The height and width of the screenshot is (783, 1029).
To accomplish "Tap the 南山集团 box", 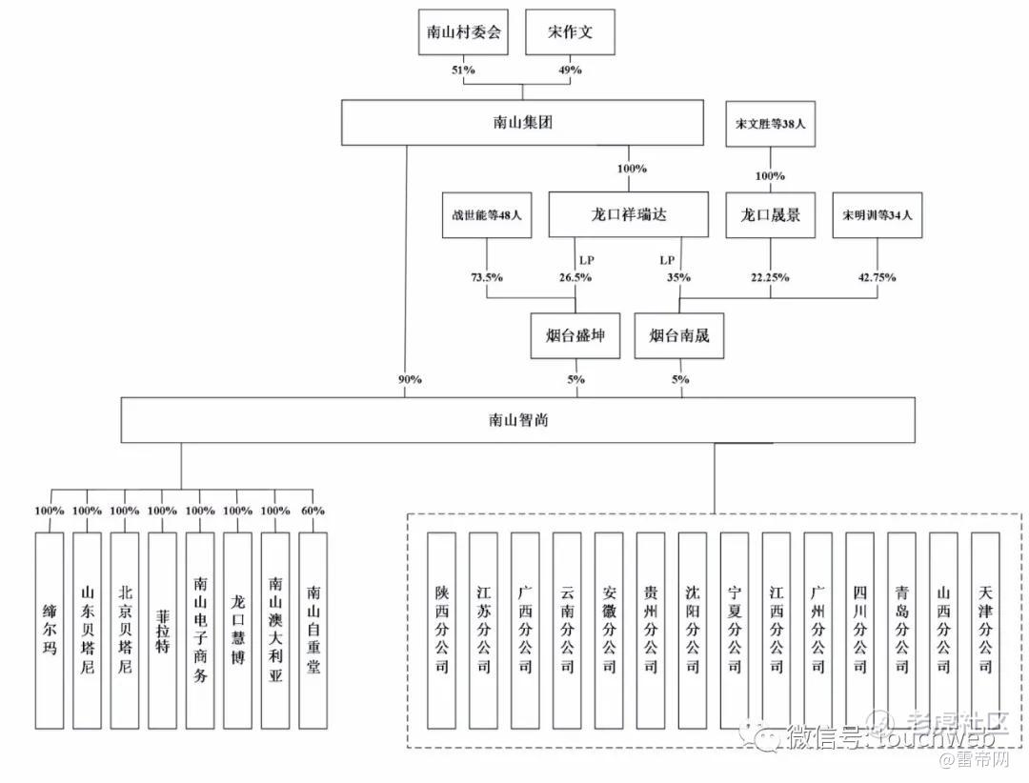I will [516, 123].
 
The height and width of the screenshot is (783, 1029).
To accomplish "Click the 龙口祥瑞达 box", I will [629, 214].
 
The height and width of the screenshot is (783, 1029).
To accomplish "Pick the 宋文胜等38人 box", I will [771, 124].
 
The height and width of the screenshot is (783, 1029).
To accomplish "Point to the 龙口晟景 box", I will [771, 214].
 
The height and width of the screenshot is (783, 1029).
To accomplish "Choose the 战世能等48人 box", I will [486, 215].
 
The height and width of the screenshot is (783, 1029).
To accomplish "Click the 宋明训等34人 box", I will [878, 215].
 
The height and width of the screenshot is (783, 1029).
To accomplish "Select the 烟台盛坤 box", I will [575, 336].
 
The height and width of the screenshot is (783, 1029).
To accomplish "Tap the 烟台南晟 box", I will [679, 336].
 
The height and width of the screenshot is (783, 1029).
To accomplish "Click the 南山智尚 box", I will [516, 420].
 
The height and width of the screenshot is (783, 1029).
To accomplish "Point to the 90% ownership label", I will [410, 379].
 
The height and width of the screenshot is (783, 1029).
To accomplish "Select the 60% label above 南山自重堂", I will [313, 511].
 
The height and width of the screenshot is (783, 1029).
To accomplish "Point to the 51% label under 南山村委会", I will [462, 70].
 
